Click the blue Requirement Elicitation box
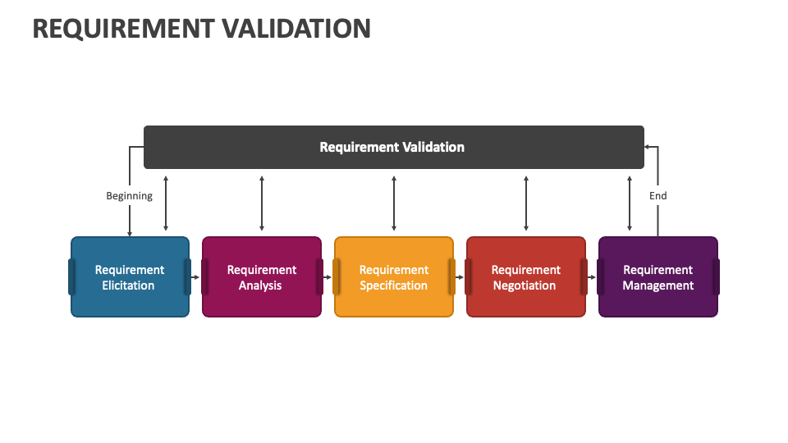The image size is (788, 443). [x=130, y=277]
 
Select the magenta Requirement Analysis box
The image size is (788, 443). [x=261, y=277]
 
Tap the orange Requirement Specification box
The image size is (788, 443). [x=393, y=277]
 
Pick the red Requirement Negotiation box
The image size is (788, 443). [x=525, y=277]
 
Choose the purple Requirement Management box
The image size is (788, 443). [x=657, y=277]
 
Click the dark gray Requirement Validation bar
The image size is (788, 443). [x=393, y=148]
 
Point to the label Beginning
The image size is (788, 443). [x=129, y=196]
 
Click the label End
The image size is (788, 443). [x=657, y=196]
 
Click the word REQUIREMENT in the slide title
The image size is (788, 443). [x=120, y=28]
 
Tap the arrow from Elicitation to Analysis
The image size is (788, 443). [x=195, y=277]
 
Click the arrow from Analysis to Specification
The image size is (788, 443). [x=328, y=277]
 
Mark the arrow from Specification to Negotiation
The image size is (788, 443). [x=460, y=277]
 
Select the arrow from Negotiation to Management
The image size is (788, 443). [x=592, y=277]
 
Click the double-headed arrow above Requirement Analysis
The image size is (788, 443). [x=262, y=203]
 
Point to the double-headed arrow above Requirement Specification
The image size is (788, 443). [x=394, y=203]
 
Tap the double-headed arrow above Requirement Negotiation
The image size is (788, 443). [x=526, y=203]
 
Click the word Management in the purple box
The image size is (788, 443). [x=657, y=286]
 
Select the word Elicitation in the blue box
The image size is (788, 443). [x=128, y=286]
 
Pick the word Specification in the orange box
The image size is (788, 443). [x=393, y=286]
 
